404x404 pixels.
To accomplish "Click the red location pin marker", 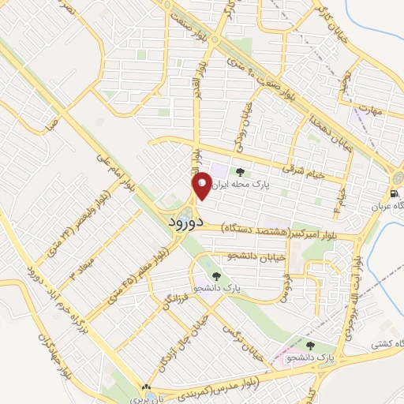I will tap(201, 186).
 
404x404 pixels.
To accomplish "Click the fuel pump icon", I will tap(392, 193).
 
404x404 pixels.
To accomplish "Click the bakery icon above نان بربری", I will tap(144, 387).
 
